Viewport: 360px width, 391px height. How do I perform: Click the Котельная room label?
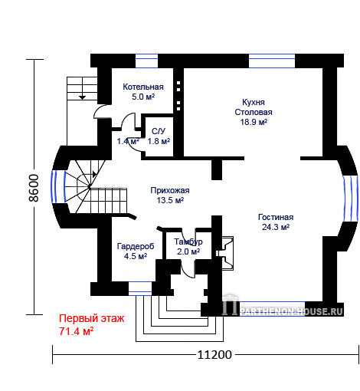[x=143, y=87]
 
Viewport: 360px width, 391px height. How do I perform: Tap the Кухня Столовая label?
[x=254, y=107]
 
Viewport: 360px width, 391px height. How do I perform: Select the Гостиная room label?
[x=276, y=217]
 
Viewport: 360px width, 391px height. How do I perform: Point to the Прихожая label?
[x=170, y=190]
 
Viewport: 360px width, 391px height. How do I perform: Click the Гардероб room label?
[x=136, y=246]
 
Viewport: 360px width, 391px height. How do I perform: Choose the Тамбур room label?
[x=188, y=242]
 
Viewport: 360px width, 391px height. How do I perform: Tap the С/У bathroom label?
[x=159, y=131]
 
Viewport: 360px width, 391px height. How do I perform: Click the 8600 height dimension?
[x=34, y=188]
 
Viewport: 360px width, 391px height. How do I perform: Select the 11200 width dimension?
[x=214, y=355]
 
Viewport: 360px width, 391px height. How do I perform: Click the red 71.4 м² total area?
[x=77, y=331]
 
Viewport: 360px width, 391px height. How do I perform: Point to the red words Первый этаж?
[x=92, y=319]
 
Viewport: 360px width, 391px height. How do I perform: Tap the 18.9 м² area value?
[x=254, y=122]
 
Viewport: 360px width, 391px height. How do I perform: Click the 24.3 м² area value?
[x=276, y=227]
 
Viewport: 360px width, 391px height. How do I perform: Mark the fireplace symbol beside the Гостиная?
[x=225, y=253]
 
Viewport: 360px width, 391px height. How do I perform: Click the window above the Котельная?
[x=146, y=61]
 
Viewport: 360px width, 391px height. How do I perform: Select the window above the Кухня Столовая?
[x=272, y=61]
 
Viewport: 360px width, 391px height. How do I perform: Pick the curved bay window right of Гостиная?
[x=351, y=199]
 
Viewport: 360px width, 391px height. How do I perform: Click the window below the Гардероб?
[x=140, y=289]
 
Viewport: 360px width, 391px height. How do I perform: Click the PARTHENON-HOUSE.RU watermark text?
[x=291, y=311]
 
